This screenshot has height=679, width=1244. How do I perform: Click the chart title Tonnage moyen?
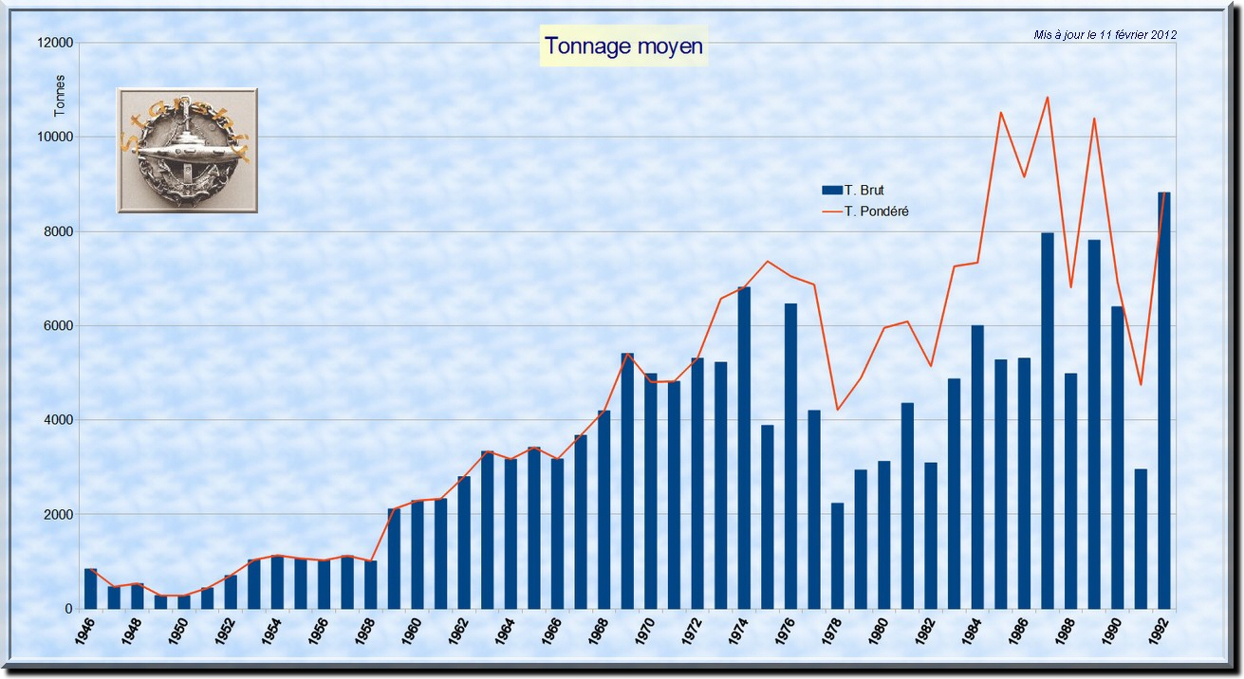pyautogui.click(x=624, y=46)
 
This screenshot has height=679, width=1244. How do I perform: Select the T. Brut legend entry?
pyautogui.click(x=863, y=190)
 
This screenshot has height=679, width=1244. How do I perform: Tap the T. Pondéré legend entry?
pyautogui.click(x=875, y=211)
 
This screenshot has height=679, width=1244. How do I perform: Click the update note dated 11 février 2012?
pyautogui.click(x=1105, y=34)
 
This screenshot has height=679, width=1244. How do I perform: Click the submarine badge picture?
pyautogui.click(x=187, y=150)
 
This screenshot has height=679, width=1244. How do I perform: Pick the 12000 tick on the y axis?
pyautogui.click(x=53, y=43)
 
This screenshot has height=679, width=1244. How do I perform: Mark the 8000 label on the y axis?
pyautogui.click(x=57, y=231)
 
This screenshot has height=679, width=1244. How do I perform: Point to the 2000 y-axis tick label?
pyautogui.click(x=57, y=515)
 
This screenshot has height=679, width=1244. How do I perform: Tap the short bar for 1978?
pyautogui.click(x=837, y=556)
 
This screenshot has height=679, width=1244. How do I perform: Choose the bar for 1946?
pyautogui.click(x=91, y=589)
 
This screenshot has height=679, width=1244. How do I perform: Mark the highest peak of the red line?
pyautogui.click(x=1048, y=97)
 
